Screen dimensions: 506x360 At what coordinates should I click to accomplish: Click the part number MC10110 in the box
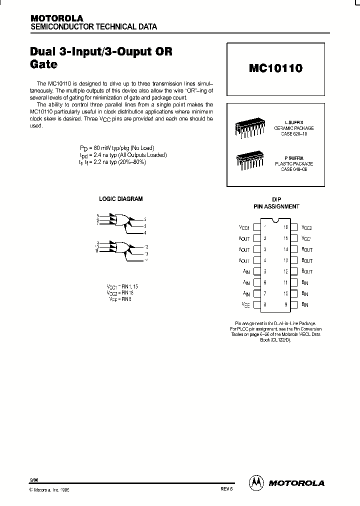pyautogui.click(x=275, y=68)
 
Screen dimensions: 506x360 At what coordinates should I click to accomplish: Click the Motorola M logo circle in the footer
pyautogui.click(x=256, y=482)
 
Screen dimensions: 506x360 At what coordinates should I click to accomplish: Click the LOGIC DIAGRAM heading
pyautogui.click(x=120, y=198)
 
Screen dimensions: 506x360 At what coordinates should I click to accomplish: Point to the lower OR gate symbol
pyautogui.click(x=121, y=246)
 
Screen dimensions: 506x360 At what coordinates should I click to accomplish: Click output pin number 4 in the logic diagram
pyautogui.click(x=145, y=232)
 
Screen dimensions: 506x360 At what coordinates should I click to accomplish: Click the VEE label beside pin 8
pyautogui.click(x=245, y=304)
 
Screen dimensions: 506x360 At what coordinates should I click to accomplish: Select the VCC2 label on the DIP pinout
pyautogui.click(x=306, y=227)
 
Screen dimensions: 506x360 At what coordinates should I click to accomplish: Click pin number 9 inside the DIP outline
pyautogui.click(x=285, y=304)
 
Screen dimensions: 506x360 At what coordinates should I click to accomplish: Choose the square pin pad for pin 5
pyautogui.click(x=257, y=271)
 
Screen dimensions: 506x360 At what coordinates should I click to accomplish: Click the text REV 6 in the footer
pyautogui.click(x=226, y=490)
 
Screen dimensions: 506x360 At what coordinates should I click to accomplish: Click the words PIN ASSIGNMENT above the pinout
pyautogui.click(x=276, y=206)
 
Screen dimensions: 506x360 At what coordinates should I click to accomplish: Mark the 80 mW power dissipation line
pyautogui.click(x=117, y=148)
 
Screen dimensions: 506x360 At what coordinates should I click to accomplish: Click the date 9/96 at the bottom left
pyautogui.click(x=34, y=479)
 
